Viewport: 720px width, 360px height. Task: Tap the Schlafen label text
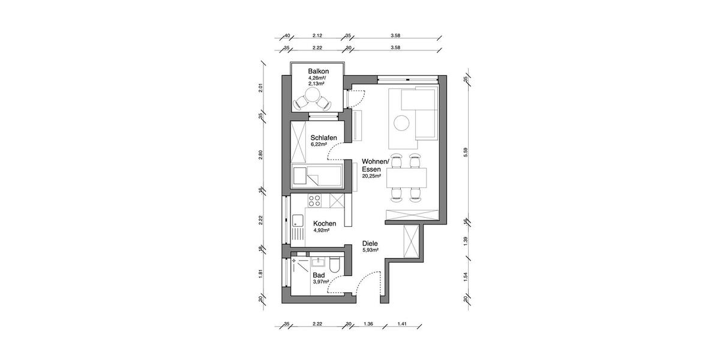(323, 138)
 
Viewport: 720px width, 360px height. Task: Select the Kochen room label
(324, 224)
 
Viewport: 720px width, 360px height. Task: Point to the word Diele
(370, 244)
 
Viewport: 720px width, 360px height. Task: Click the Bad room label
(318, 275)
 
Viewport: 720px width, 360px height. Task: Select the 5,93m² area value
(371, 250)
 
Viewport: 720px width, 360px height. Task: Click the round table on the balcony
(313, 96)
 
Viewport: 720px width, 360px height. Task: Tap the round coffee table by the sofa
(401, 124)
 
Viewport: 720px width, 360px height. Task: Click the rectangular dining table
(408, 178)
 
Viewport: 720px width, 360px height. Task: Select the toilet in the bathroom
(335, 265)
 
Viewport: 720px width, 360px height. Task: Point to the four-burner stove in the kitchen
(315, 200)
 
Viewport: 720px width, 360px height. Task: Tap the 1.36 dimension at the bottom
(368, 325)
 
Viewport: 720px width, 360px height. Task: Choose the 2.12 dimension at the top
(317, 35)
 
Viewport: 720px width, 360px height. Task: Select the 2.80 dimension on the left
(260, 154)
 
